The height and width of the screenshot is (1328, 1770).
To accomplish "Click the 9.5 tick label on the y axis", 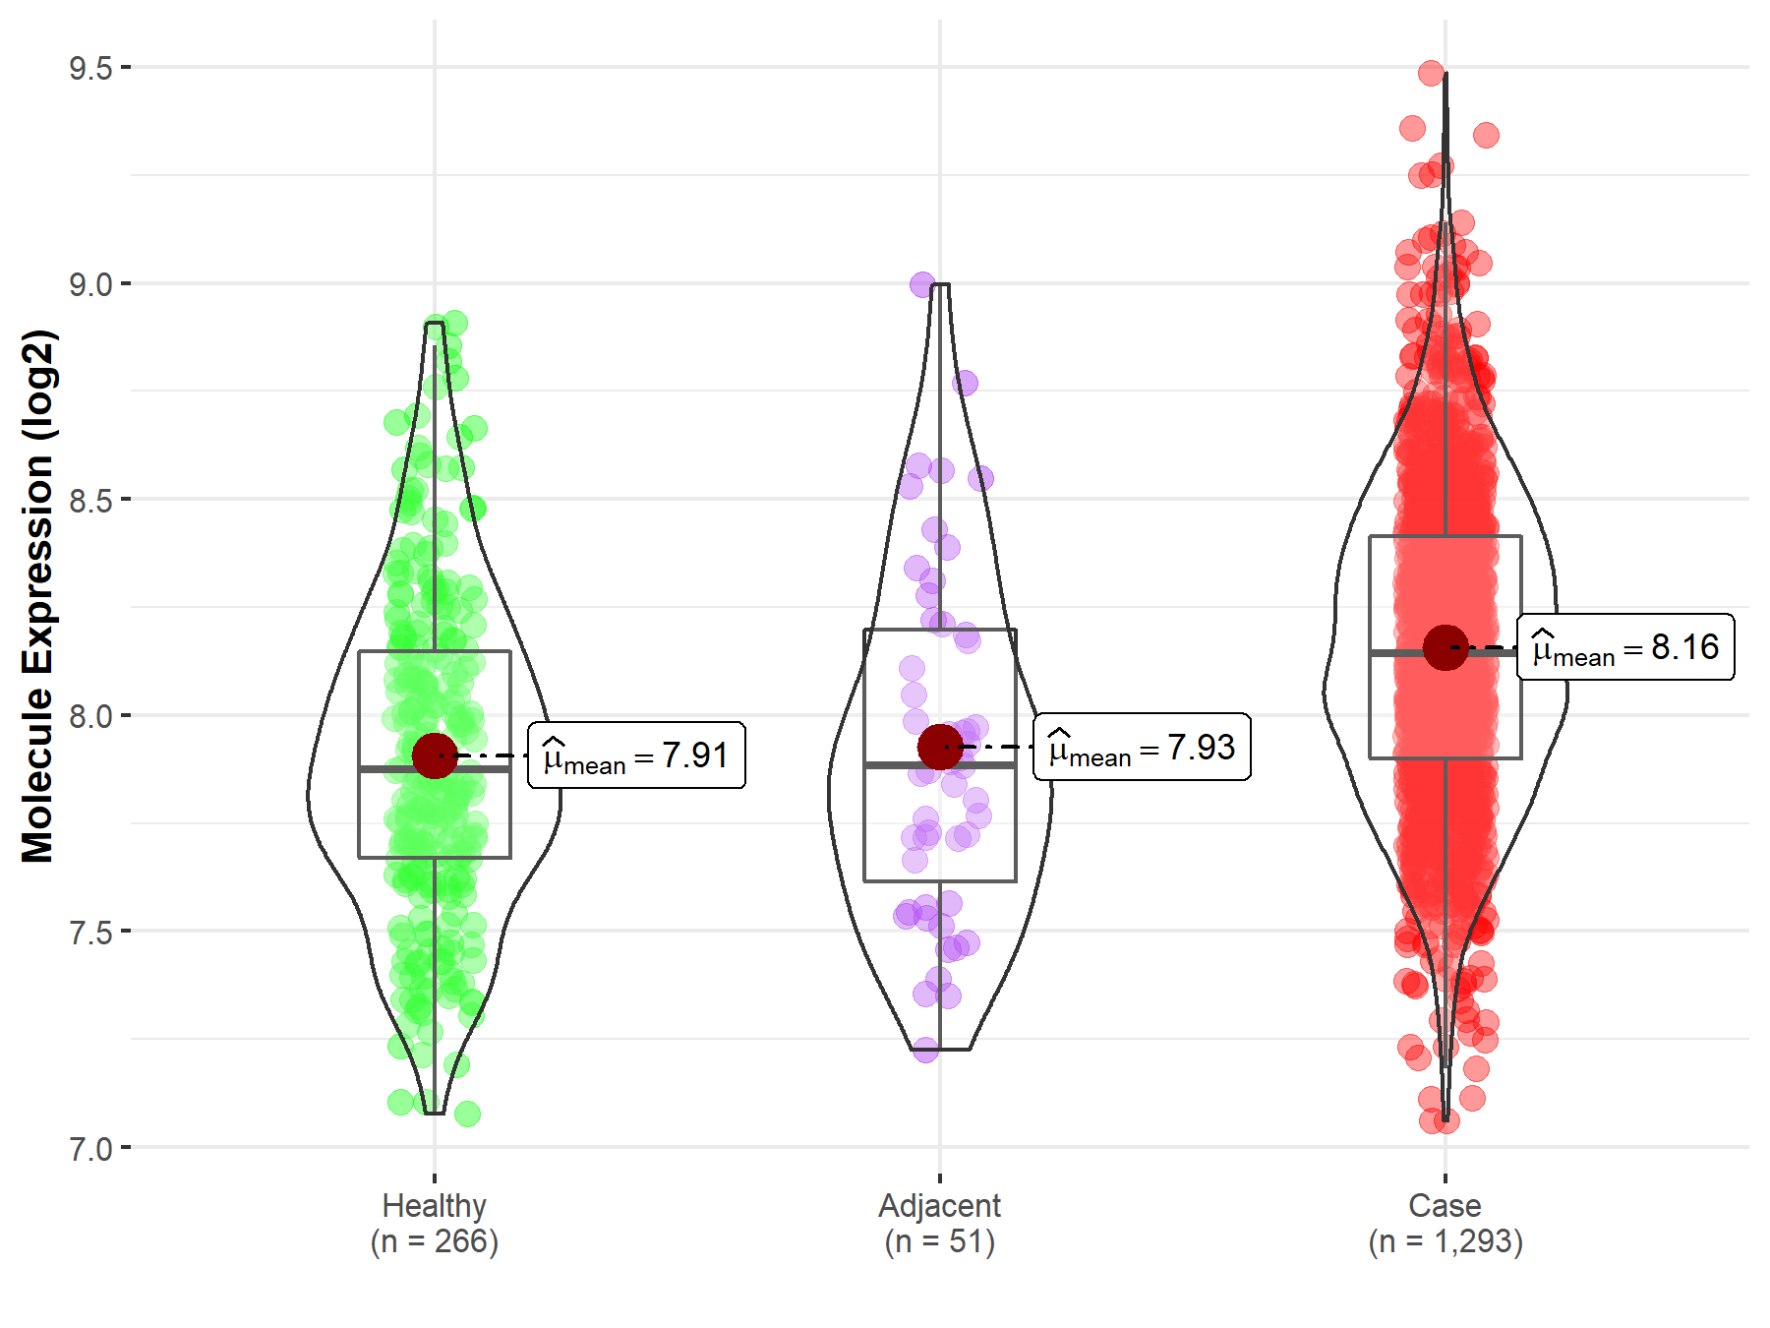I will point(90,68).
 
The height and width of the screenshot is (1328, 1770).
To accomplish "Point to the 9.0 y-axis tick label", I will point(90,284).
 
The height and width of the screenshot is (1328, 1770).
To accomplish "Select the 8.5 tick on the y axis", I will point(90,500).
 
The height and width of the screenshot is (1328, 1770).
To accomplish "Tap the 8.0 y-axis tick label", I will point(90,716).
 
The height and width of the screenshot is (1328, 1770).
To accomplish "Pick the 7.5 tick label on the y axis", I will point(90,932).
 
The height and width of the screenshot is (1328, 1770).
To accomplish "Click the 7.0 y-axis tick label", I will point(90,1148).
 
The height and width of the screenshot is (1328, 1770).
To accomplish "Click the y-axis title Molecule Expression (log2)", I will point(37,596).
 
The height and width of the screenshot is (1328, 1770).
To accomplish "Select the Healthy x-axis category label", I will point(435,1205).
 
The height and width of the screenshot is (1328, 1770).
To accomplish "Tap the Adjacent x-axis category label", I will point(939,1205).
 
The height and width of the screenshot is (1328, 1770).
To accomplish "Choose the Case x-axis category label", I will point(1445,1205).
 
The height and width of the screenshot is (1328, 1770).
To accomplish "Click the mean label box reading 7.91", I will point(636,755).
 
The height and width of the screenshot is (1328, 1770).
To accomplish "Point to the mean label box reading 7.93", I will point(1142,748).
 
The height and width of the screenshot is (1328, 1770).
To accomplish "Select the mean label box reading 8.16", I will point(1625,647).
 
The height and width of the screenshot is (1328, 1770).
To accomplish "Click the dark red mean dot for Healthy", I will point(435,755).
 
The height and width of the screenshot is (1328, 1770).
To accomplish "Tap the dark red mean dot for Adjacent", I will point(940,747).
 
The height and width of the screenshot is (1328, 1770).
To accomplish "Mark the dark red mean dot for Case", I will point(1445,647).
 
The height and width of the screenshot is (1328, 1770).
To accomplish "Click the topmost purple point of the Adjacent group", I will point(922,285).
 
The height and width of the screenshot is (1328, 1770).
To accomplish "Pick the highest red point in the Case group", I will point(1432,73).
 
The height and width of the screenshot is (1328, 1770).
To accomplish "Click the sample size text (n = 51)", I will point(939,1241).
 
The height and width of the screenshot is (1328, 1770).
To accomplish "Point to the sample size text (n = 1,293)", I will point(1445,1241).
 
